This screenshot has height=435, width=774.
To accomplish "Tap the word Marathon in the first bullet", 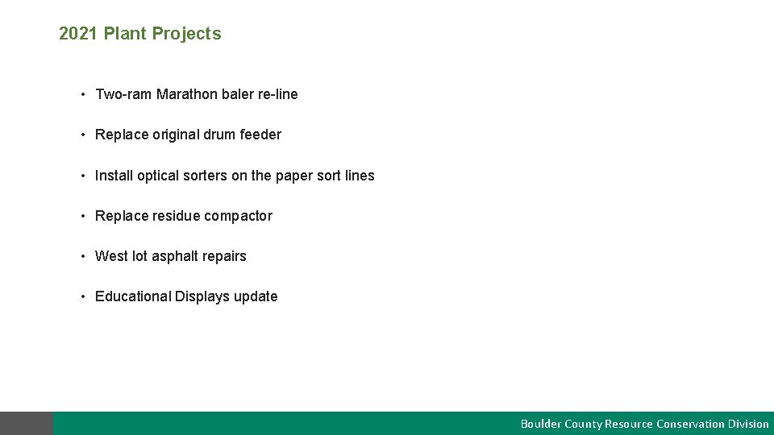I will [x=187, y=94].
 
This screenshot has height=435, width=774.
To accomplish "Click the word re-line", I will [x=277, y=94].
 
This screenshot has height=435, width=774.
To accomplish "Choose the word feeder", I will [x=260, y=135].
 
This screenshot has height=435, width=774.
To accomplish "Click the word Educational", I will [x=133, y=296].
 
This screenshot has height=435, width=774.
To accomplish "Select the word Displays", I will [x=202, y=296].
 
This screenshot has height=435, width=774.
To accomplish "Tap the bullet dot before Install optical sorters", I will [x=83, y=176].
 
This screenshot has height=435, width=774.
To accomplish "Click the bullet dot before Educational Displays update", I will [x=83, y=296].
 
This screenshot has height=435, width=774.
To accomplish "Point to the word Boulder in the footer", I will [x=539, y=424].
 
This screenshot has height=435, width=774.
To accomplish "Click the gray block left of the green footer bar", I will [x=27, y=424].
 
